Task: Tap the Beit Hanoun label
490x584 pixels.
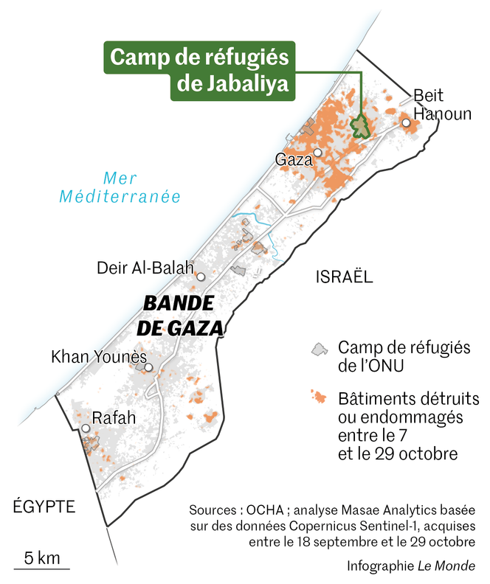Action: coord(441,105)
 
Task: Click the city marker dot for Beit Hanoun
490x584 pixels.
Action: coord(405,122)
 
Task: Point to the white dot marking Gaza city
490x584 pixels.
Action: coord(317,153)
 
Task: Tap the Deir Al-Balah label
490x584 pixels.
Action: coord(145,267)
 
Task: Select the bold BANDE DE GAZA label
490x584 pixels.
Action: coord(182,316)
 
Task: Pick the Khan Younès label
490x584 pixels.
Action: coord(99,357)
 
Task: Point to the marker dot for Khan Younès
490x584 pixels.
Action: coord(148,367)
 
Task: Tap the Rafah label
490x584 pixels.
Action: coord(114,418)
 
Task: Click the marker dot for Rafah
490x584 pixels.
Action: coord(86,428)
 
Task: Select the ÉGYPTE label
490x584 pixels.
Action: coord(44,506)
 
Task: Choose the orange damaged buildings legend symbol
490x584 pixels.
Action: coord(319,398)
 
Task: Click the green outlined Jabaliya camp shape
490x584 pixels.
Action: coord(359,126)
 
